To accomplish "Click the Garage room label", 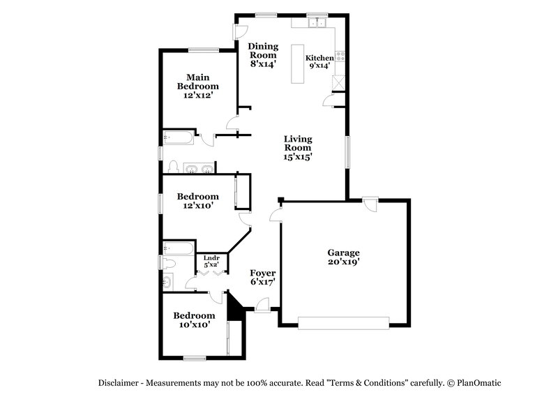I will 343,257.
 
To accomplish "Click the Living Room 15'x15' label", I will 297,148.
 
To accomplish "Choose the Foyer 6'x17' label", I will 263,278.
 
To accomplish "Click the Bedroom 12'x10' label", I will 197,201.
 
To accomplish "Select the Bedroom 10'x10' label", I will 194,319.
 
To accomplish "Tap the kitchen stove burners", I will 340,55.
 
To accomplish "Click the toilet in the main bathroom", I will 172,167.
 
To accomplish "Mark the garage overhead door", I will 343,322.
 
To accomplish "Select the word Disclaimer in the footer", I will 119,383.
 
